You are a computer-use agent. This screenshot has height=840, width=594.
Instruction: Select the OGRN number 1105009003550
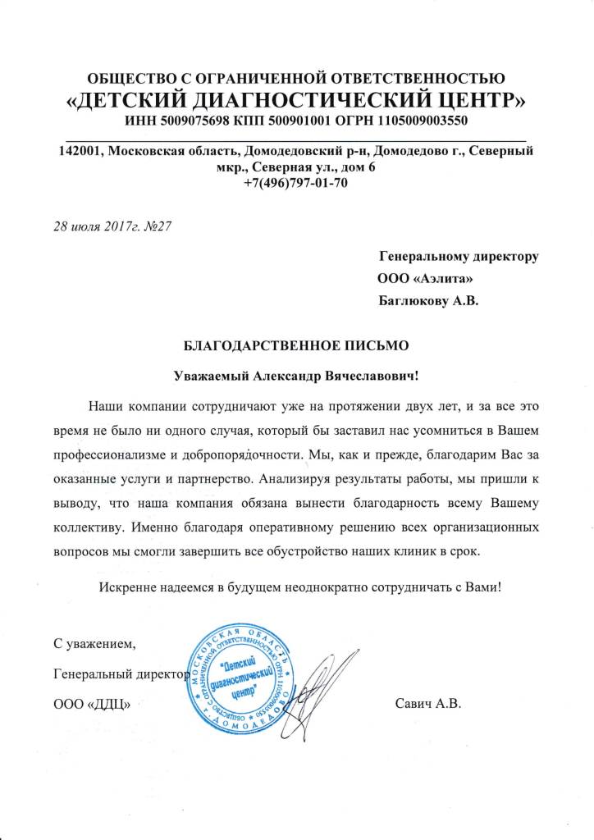coord(421,121)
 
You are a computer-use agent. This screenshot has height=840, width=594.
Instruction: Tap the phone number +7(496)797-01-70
coord(296,183)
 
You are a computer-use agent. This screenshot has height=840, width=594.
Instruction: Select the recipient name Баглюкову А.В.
coord(427,300)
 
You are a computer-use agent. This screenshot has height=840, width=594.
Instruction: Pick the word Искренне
coord(127,588)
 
